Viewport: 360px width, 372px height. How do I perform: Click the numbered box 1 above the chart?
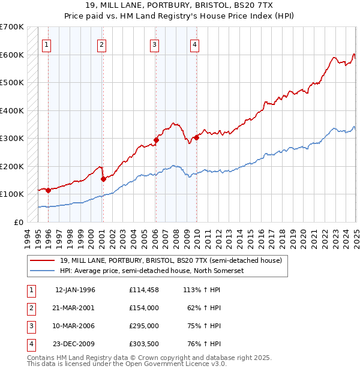point(47,44)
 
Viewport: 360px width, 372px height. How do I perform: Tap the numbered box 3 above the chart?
point(154,44)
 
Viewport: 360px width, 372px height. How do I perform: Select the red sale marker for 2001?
point(103,179)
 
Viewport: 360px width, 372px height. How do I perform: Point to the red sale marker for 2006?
point(156,140)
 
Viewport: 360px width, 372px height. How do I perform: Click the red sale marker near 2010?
point(196,137)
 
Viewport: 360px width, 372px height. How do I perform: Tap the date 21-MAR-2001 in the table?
point(75,308)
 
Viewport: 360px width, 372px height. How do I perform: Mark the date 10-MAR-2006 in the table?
point(75,326)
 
